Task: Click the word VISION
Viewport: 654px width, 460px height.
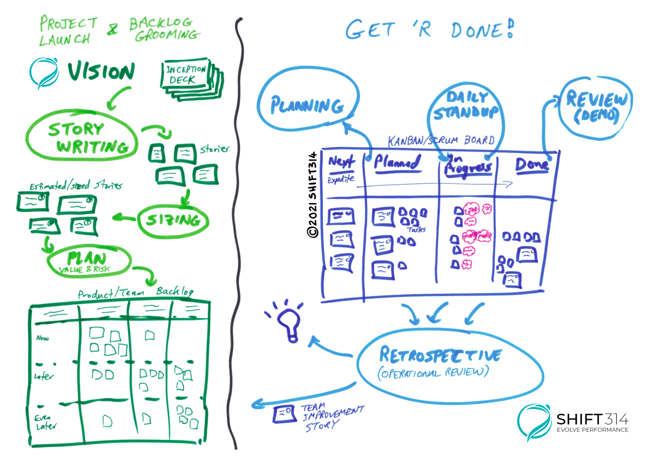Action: pos(101,71)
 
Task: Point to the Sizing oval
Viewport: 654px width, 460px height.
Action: pos(173,220)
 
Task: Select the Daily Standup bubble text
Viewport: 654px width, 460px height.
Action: pos(466,105)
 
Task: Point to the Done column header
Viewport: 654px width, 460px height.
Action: pos(532,165)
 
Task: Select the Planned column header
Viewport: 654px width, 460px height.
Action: pos(397,162)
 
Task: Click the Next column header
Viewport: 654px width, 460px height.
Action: pos(341,161)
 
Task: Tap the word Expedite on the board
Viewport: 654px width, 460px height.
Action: pos(341,179)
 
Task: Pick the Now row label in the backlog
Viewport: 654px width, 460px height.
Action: pos(42,338)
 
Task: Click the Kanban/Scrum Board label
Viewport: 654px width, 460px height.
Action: pos(441,140)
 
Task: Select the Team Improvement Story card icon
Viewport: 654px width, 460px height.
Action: pos(284,413)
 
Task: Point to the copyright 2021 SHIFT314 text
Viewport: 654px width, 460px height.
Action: pos(313,195)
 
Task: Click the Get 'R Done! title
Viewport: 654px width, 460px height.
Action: pos(430,30)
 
